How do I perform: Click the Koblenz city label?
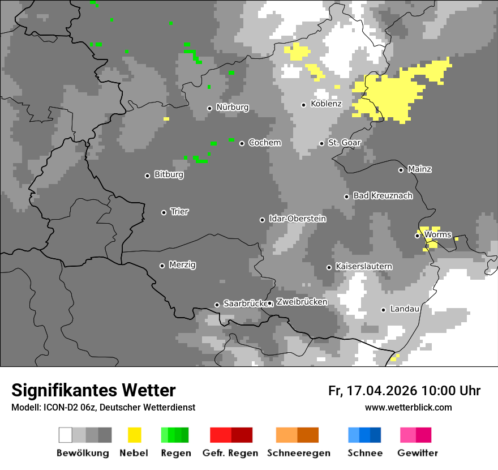[x=326, y=104]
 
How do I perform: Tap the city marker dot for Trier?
[x=164, y=212]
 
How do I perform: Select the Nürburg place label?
[x=232, y=108]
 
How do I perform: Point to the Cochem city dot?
[x=242, y=143]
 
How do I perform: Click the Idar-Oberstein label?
[x=297, y=219]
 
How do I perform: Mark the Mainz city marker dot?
[x=401, y=170]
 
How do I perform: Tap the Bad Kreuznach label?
[x=383, y=196]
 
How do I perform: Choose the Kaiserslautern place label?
[x=364, y=267]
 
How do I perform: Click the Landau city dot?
[x=384, y=310]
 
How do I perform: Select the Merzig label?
[x=182, y=265]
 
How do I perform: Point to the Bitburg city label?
[x=169, y=175]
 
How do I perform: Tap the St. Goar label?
[x=344, y=143]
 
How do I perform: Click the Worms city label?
[x=437, y=234]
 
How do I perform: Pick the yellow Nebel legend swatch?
[x=134, y=435]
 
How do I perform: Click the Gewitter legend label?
[x=418, y=453]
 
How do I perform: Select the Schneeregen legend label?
[x=298, y=453]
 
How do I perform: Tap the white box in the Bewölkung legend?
[x=66, y=435]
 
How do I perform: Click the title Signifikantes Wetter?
[x=93, y=391]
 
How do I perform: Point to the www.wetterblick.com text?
[x=408, y=408]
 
